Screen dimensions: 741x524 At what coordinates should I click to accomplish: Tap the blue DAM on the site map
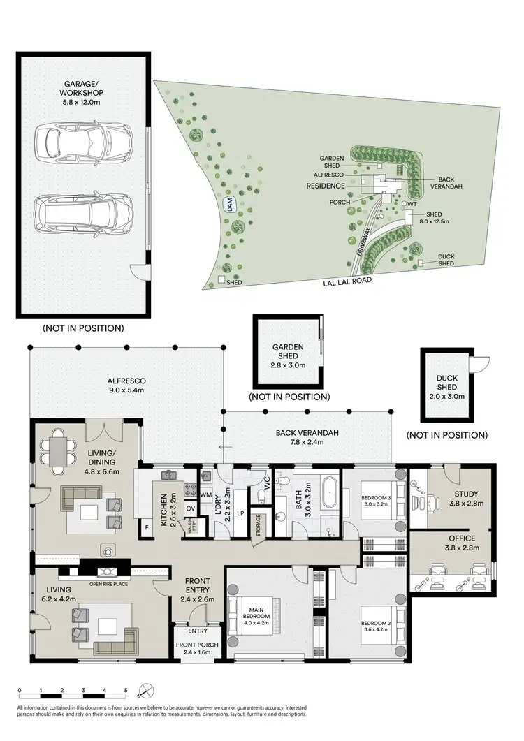pos(228,205)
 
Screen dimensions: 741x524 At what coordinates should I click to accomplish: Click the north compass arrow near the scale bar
pos(143,691)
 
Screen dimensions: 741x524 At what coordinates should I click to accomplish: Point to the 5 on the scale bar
pos(126,690)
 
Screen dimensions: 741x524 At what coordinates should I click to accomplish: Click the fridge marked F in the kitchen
pos(148,528)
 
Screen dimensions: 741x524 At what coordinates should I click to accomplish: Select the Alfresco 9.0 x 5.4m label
pos(126,385)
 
